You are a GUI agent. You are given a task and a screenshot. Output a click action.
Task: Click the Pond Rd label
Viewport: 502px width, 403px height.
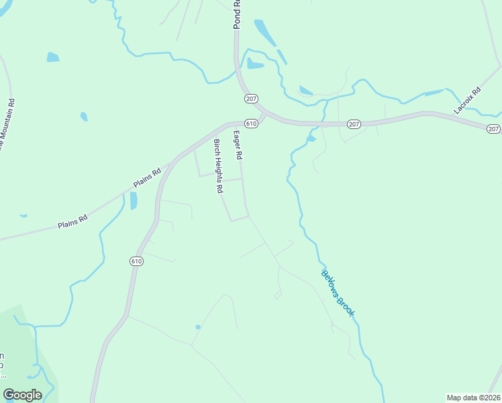pyautogui.click(x=236, y=14)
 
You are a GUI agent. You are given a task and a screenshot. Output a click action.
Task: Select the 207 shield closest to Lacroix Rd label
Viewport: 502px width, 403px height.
pyautogui.click(x=493, y=129)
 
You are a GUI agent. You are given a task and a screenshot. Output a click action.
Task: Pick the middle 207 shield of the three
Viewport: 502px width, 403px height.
pyautogui.click(x=354, y=124)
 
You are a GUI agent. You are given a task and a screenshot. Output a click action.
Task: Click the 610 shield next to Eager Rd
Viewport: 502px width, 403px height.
pyautogui.click(x=251, y=124)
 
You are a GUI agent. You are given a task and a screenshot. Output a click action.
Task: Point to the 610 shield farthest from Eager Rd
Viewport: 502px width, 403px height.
pyautogui.click(x=136, y=261)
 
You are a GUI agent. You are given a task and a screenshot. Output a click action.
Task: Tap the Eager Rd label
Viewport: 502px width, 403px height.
pyautogui.click(x=238, y=144)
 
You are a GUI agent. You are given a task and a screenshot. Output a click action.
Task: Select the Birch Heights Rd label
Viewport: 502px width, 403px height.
pyautogui.click(x=217, y=166)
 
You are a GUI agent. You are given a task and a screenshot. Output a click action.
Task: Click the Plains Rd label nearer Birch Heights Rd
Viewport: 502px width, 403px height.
pyautogui.click(x=148, y=177)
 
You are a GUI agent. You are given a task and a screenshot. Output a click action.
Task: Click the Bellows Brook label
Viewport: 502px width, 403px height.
pyautogui.click(x=337, y=293)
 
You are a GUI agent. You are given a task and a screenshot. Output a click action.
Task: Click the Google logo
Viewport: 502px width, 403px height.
pyautogui.click(x=22, y=395)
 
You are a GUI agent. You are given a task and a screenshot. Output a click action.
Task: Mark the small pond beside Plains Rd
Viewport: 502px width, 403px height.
pyautogui.click(x=133, y=200)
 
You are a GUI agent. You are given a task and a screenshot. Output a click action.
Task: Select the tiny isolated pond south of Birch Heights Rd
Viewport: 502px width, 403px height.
pyautogui.click(x=197, y=327)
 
